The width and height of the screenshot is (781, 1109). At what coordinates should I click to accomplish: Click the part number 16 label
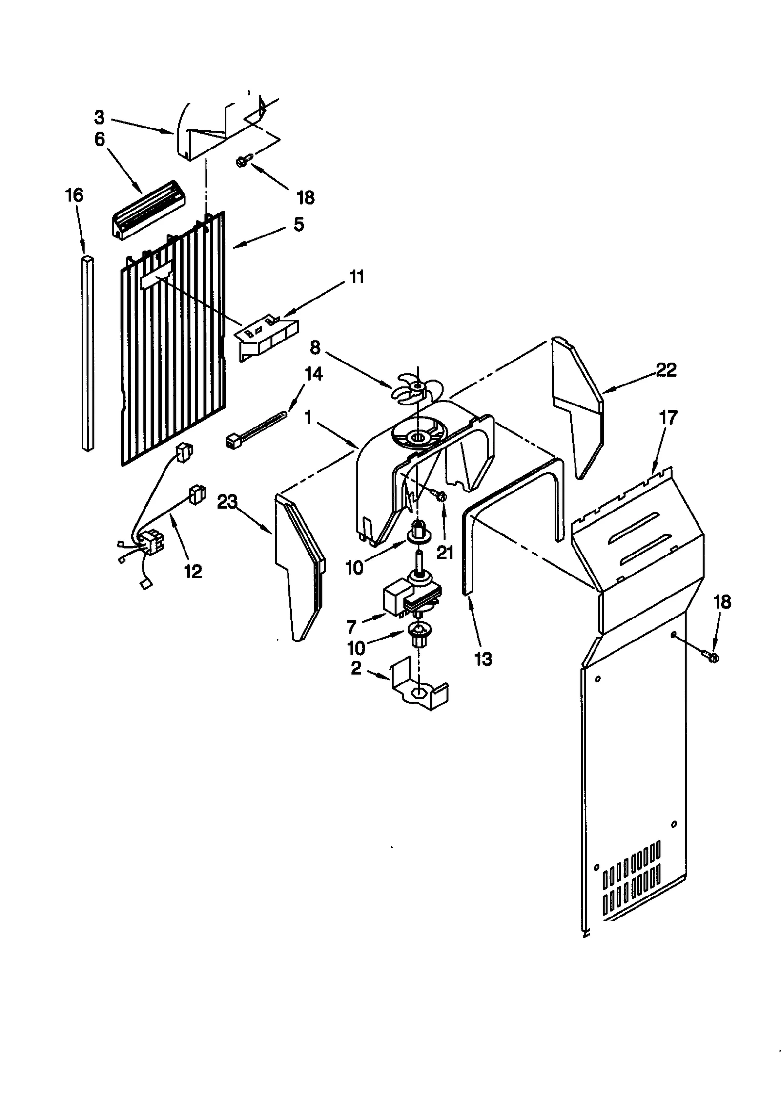click(75, 195)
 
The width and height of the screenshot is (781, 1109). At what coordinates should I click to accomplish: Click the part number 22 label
click(666, 370)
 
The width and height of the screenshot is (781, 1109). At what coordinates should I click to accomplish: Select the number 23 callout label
click(227, 502)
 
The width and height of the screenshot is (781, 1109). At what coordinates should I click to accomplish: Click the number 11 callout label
click(357, 277)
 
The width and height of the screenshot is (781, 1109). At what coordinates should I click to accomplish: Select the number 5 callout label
click(299, 225)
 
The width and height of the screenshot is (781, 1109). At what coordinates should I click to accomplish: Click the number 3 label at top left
click(99, 117)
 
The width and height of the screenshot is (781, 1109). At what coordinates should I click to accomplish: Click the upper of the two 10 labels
click(355, 568)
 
